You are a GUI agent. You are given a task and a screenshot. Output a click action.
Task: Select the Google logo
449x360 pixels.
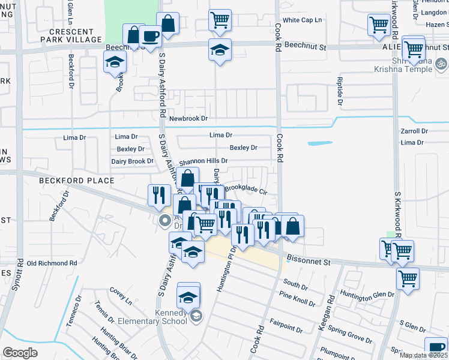click(20, 352)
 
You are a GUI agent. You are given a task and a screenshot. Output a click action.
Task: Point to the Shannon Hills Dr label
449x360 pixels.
click(203, 161)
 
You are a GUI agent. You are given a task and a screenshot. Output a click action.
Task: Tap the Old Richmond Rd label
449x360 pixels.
click(52, 263)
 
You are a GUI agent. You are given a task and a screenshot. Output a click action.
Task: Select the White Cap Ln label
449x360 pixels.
click(303, 20)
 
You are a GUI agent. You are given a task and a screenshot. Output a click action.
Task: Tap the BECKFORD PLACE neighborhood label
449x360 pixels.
click(76, 181)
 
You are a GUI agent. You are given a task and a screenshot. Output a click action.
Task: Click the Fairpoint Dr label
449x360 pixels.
click(286, 326)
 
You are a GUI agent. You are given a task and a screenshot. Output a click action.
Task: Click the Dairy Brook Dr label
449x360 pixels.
click(133, 161)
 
